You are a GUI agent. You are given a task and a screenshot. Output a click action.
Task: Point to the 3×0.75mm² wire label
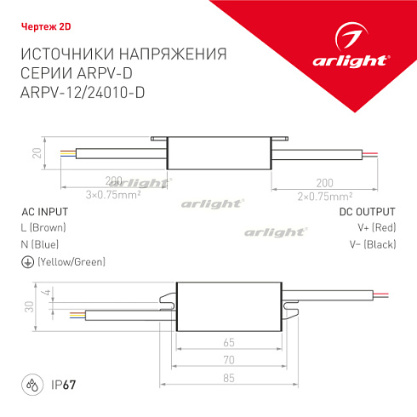pos(114,195)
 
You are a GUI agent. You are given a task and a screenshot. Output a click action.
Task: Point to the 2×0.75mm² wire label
pos(324,195)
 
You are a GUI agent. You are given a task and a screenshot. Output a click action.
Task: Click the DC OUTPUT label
pos(368,212)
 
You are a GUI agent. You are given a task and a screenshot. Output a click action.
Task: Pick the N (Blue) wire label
pos(39,244)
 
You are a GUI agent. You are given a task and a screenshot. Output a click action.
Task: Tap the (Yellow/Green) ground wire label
pos(71,261)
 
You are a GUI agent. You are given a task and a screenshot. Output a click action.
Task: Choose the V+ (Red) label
pos(376,228)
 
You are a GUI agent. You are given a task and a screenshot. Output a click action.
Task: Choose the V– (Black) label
pos(374,244)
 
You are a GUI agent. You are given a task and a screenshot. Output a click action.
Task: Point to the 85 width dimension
pos(229,377)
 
